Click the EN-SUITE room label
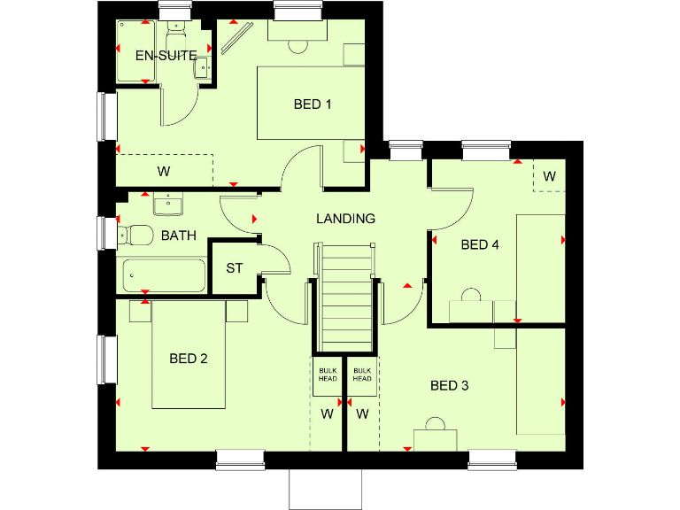tap(166, 55)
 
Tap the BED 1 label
tap(313, 104)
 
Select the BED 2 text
tap(189, 359)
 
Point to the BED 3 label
tap(449, 385)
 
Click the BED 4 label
tap(480, 244)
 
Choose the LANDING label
tap(346, 218)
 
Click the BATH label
tap(178, 236)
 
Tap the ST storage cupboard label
tap(234, 267)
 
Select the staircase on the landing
tap(346, 297)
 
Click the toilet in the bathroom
tap(136, 235)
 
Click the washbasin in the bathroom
tap(166, 205)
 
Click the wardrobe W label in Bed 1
tap(164, 170)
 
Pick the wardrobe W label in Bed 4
tap(549, 176)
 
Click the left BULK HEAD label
tap(327, 375)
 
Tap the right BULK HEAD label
tap(362, 375)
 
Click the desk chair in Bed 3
tap(435, 423)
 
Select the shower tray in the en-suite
tap(140, 51)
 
